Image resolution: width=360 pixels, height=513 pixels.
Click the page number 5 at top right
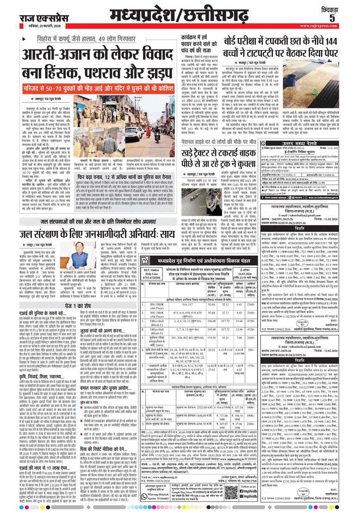(x=345, y=18)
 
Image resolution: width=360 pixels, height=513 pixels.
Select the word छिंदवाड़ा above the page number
(x=343, y=6)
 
